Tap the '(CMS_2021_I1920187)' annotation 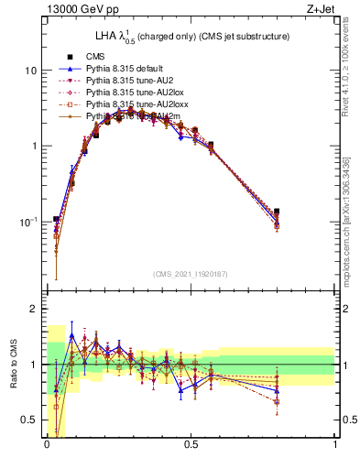click(x=191, y=274)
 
